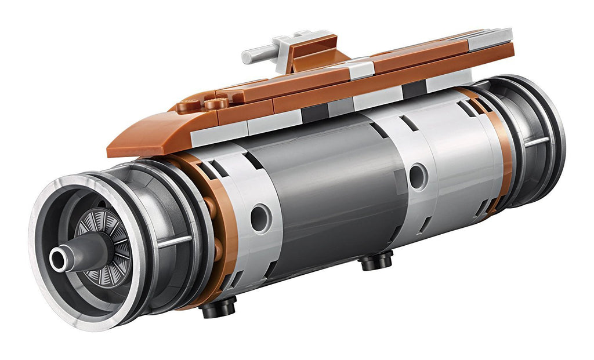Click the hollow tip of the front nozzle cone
(57, 260)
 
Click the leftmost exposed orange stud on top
(184, 106)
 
